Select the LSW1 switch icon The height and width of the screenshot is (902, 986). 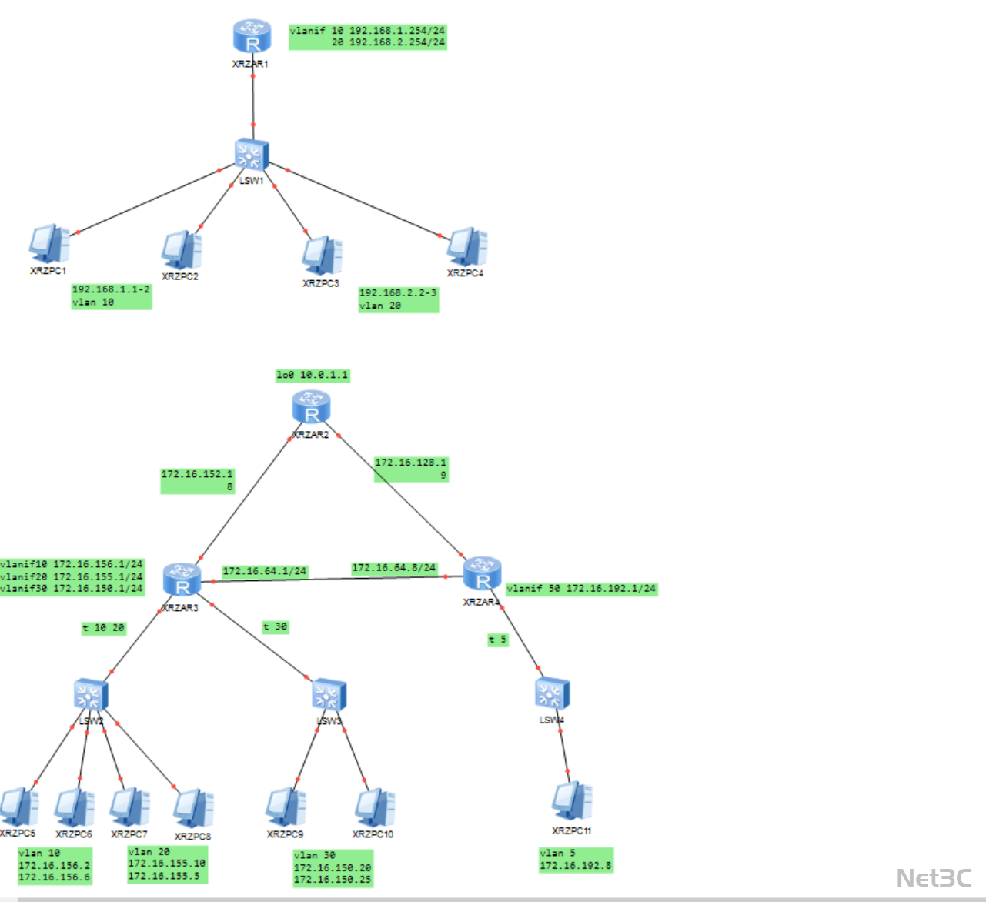[252, 155]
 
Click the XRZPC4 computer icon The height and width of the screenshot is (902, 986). [466, 246]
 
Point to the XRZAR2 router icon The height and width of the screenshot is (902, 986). [312, 407]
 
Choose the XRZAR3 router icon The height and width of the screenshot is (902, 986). [182, 580]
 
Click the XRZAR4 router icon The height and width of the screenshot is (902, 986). [483, 573]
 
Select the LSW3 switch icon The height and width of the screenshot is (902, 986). [329, 695]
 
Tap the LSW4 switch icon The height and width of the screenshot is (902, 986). [552, 693]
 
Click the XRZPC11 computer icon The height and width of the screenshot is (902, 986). [572, 802]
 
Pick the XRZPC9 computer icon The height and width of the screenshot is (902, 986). [286, 807]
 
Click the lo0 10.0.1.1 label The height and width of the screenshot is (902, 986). [313, 375]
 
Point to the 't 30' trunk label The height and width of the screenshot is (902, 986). [275, 627]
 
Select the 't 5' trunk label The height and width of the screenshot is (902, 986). [498, 640]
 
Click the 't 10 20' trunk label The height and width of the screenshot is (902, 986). [103, 628]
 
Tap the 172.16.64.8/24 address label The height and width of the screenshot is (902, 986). [394, 568]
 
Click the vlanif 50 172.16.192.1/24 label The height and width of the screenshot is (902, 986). [582, 589]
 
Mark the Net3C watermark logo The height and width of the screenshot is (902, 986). [934, 877]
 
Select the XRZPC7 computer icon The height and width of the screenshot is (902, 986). [129, 807]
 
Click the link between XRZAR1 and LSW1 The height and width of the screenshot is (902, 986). [252, 100]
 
